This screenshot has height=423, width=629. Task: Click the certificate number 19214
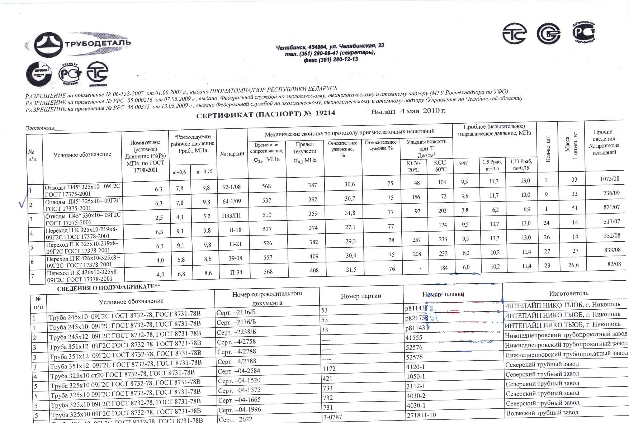coord(325,113)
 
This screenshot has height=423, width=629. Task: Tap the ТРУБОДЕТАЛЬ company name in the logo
coord(98,43)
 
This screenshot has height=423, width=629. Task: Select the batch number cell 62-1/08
coord(232,187)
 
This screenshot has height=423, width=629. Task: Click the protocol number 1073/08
coord(609,179)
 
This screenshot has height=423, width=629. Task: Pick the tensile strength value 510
coord(267,215)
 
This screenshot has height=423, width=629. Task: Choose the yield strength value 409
coord(314,256)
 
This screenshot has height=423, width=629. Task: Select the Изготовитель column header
coord(568,294)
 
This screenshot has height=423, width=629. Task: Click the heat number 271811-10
coord(421,415)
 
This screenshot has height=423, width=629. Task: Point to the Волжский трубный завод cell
coord(542,413)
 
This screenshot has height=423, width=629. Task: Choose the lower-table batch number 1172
coord(329,369)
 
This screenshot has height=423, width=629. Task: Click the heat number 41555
coord(413,338)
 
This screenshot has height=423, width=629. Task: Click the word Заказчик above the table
coord(40,128)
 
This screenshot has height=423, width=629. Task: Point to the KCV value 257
coord(416,240)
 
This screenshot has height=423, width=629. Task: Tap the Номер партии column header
coord(361,296)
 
